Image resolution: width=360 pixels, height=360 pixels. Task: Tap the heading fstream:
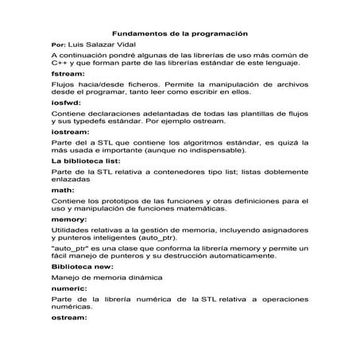tap(66, 73)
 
